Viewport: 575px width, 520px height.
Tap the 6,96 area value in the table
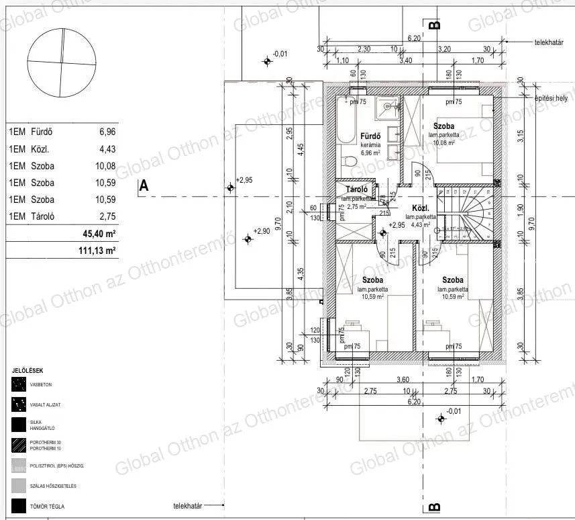(x=107, y=132)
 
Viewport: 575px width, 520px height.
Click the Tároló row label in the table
(x=42, y=216)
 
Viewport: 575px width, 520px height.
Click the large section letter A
(x=143, y=187)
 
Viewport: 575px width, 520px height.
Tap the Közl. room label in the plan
(x=421, y=208)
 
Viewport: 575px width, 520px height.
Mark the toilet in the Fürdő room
(x=348, y=162)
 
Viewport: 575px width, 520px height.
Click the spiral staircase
(x=470, y=212)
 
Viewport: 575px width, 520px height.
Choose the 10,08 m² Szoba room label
(x=443, y=126)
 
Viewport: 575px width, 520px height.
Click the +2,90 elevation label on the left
(x=261, y=231)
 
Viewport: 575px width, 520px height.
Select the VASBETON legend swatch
(x=18, y=385)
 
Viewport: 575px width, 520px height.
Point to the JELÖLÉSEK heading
(x=28, y=370)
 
